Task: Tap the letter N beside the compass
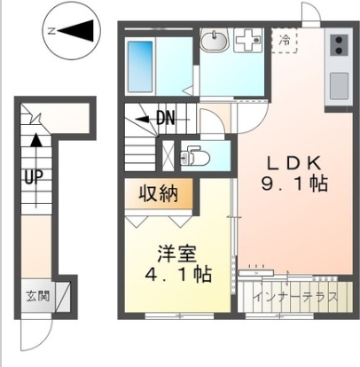(x=51, y=32)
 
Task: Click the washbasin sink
(x=215, y=41)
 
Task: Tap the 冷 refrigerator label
(x=285, y=39)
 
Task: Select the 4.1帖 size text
(x=178, y=275)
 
